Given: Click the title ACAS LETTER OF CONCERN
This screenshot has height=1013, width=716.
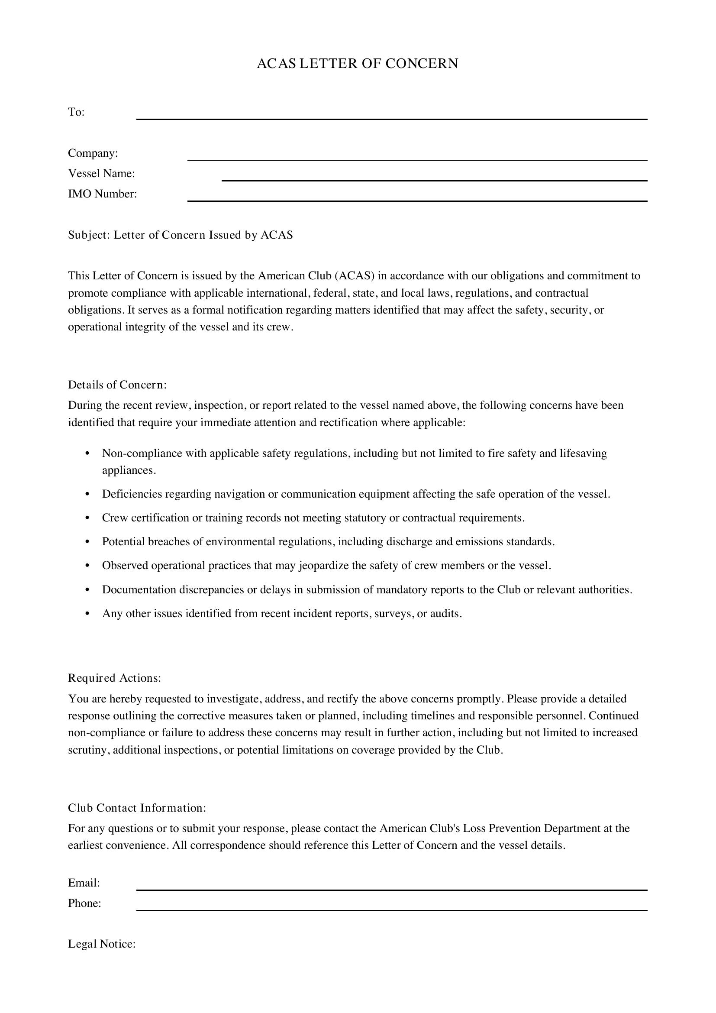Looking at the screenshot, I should (357, 64).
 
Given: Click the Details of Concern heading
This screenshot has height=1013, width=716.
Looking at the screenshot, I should (117, 385).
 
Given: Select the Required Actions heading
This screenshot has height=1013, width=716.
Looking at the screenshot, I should (115, 678).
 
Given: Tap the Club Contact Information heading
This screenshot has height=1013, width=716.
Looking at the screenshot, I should (137, 807).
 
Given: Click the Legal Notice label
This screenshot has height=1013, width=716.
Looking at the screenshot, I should (101, 944).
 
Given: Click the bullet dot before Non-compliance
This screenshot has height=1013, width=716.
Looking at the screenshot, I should (87, 453).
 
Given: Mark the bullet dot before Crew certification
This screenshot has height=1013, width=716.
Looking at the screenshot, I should (87, 518).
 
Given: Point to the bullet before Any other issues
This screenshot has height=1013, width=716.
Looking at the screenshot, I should (87, 614).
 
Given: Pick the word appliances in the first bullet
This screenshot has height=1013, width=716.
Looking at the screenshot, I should (128, 470).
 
